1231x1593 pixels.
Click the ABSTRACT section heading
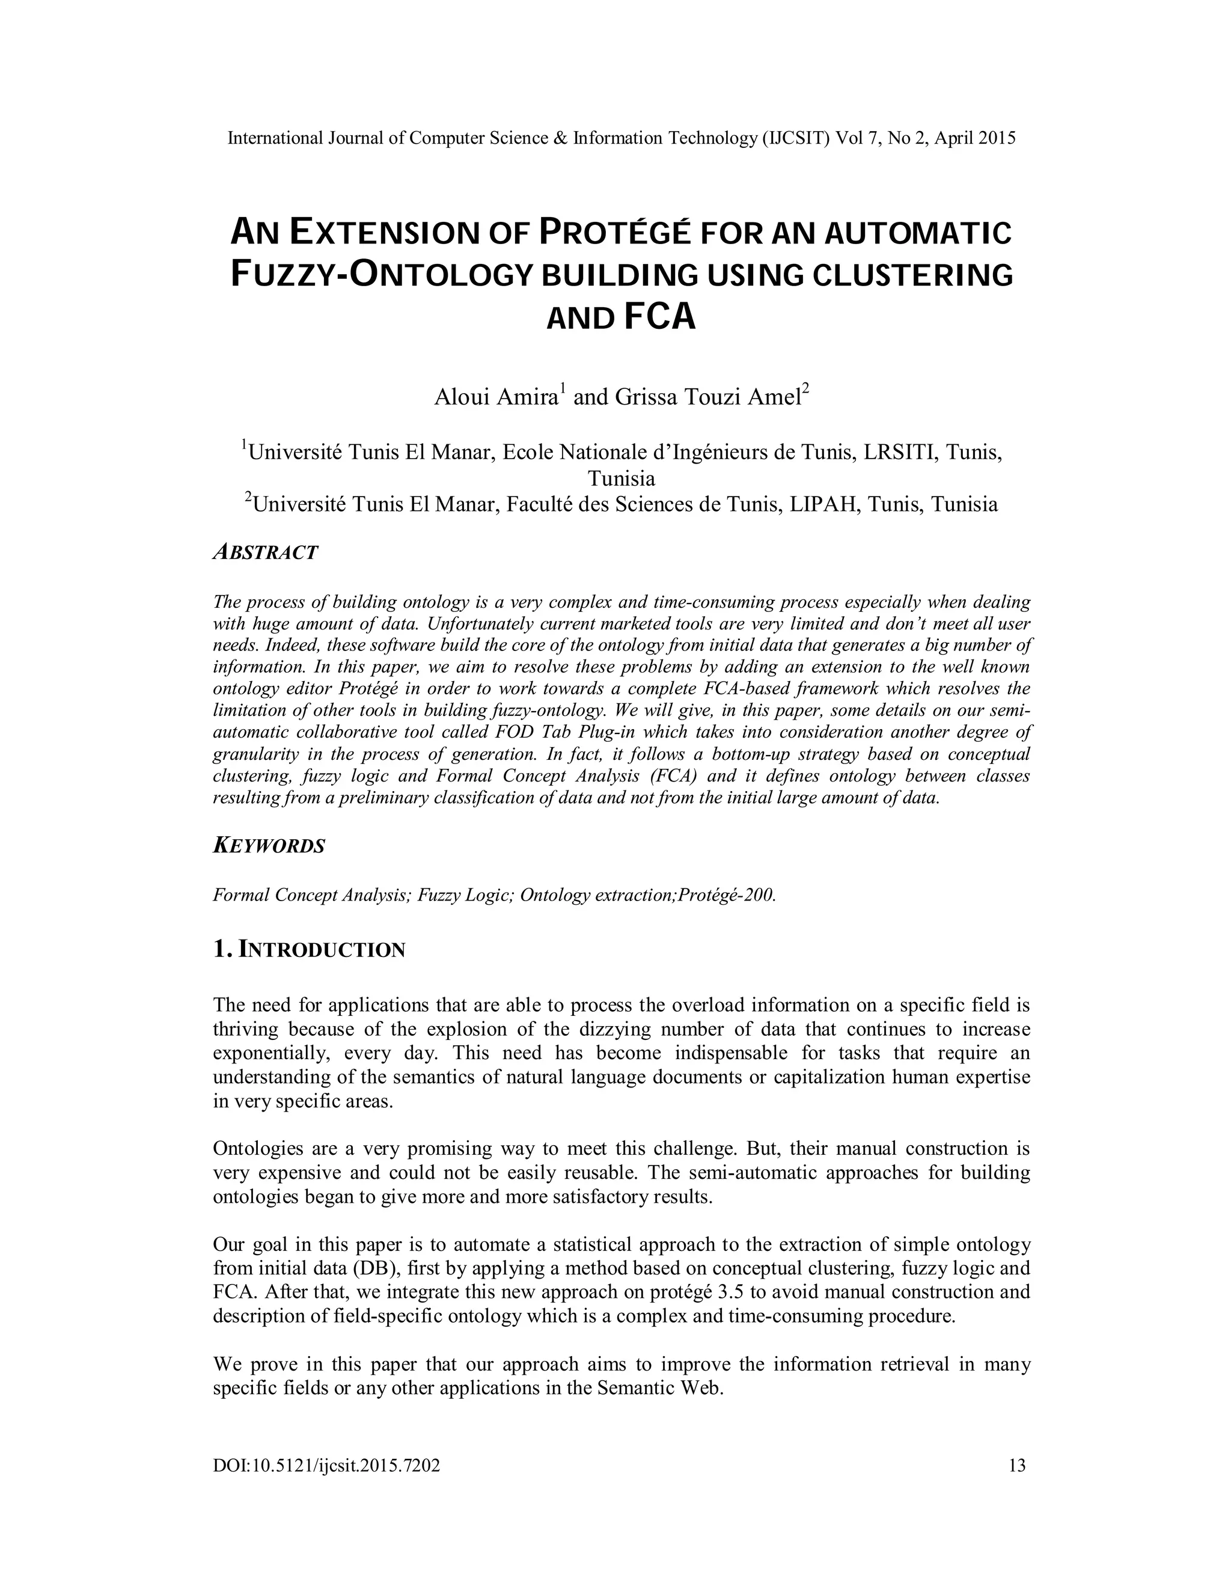pyautogui.click(x=266, y=552)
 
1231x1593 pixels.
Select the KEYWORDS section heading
pyautogui.click(x=268, y=846)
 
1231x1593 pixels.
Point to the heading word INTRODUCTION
pyautogui.click(x=322, y=950)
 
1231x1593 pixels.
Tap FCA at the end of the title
pyautogui.click(x=661, y=317)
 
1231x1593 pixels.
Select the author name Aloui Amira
pyautogui.click(x=498, y=397)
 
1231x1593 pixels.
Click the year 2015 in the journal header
pyautogui.click(x=996, y=138)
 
